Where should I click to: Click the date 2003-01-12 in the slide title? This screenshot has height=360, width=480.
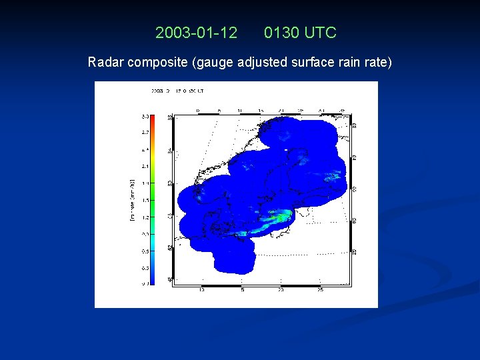(x=196, y=32)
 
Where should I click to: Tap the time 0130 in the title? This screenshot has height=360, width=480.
(x=282, y=32)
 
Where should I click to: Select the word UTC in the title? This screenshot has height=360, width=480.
(x=320, y=32)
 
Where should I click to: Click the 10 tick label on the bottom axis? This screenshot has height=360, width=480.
(x=202, y=290)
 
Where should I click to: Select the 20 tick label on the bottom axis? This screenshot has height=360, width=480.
(x=280, y=290)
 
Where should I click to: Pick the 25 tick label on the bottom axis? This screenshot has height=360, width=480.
(x=320, y=290)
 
